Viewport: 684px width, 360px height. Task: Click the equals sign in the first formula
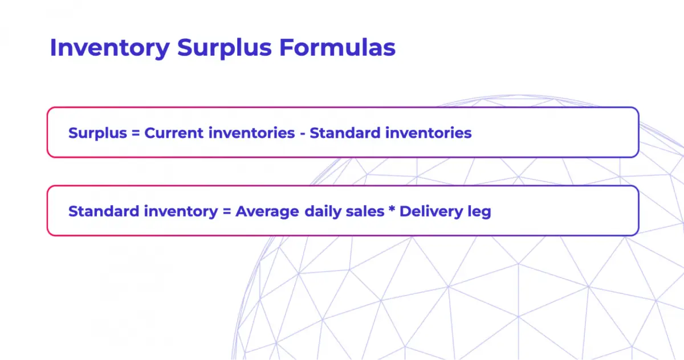pos(135,133)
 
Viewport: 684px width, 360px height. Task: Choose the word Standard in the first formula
pos(345,133)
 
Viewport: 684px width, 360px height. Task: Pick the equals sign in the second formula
pos(226,212)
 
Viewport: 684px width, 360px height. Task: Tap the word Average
pos(267,211)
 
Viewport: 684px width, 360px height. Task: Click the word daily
pos(322,211)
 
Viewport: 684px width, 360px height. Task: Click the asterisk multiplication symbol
pos(392,210)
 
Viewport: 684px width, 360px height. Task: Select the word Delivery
pos(430,211)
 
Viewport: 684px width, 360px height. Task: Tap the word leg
pos(479,211)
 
